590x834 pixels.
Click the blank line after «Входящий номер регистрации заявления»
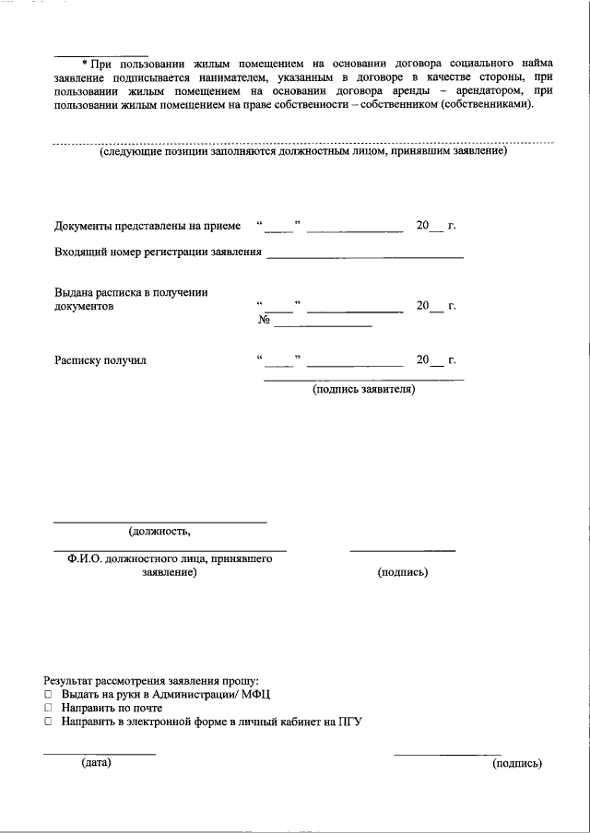(365, 257)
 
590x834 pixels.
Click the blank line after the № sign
(323, 326)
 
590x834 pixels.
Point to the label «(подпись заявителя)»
(364, 390)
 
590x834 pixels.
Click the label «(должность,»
(159, 531)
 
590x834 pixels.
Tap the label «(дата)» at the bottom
(96, 763)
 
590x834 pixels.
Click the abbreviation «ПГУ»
(348, 722)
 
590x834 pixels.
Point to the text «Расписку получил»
(100, 360)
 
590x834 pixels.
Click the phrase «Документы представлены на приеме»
(147, 226)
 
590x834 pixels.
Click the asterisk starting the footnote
(84, 64)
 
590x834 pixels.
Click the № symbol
(264, 322)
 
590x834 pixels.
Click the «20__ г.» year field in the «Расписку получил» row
(436, 360)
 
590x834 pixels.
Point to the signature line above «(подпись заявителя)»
(364, 379)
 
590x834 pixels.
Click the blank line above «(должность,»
(159, 522)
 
